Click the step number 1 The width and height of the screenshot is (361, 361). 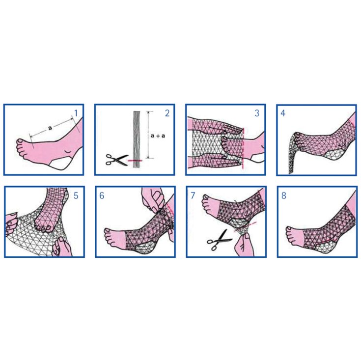[x=76, y=113]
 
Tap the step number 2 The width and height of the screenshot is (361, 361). [x=167, y=113]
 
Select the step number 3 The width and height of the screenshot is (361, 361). [x=257, y=113]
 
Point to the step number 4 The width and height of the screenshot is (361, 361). [x=283, y=113]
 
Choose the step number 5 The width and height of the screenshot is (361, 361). [x=76, y=195]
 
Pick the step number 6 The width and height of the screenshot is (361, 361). [x=102, y=195]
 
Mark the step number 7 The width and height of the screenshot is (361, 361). [x=193, y=195]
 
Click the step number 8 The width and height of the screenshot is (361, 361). [x=284, y=195]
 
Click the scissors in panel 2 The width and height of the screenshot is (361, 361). [x=117, y=160]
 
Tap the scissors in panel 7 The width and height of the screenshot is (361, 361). [x=219, y=240]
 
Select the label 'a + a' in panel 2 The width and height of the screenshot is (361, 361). [x=158, y=136]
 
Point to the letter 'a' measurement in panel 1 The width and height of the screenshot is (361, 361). [x=50, y=128]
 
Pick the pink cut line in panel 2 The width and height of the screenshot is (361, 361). [x=135, y=160]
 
